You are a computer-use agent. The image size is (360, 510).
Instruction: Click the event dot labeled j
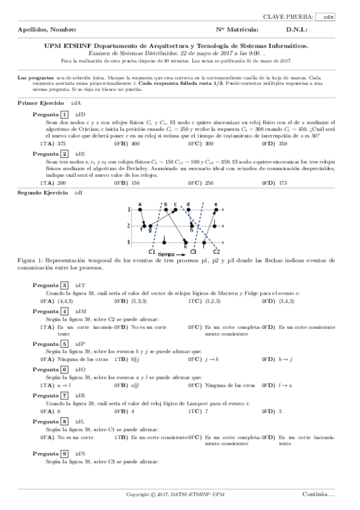point(164,242)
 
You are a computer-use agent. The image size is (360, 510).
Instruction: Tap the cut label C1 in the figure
point(152,251)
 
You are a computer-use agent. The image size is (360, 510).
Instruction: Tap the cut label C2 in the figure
point(216,251)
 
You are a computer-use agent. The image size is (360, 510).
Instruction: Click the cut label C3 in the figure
point(193,251)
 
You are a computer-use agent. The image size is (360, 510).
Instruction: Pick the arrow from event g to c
point(162,218)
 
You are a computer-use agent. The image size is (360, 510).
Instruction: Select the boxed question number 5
point(64,344)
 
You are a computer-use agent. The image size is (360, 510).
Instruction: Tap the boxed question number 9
point(64,452)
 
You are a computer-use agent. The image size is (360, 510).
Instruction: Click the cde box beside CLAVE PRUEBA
point(328,17)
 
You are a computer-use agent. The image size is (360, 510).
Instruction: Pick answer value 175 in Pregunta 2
point(283,182)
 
